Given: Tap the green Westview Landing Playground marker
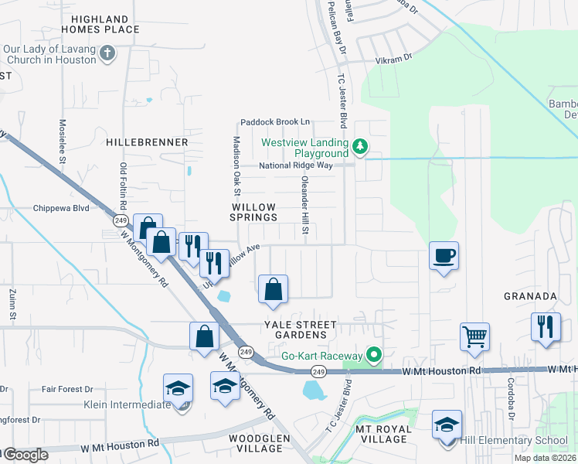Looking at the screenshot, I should pyautogui.click(x=359, y=146).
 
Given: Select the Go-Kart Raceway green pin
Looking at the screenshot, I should pyautogui.click(x=375, y=356).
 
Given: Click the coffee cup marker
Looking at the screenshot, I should pyautogui.click(x=444, y=255).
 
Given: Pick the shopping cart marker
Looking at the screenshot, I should pyautogui.click(x=474, y=336).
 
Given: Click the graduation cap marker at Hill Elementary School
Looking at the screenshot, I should pyautogui.click(x=447, y=425).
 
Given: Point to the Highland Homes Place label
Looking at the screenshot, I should pyautogui.click(x=105, y=24).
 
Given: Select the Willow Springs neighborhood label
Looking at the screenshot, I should pyautogui.click(x=254, y=213).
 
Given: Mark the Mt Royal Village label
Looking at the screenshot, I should pyautogui.click(x=381, y=434).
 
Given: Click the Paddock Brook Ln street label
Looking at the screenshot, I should pyautogui.click(x=274, y=121).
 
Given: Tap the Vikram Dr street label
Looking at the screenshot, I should pyautogui.click(x=396, y=56).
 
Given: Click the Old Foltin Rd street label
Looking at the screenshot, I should pyautogui.click(x=123, y=186).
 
